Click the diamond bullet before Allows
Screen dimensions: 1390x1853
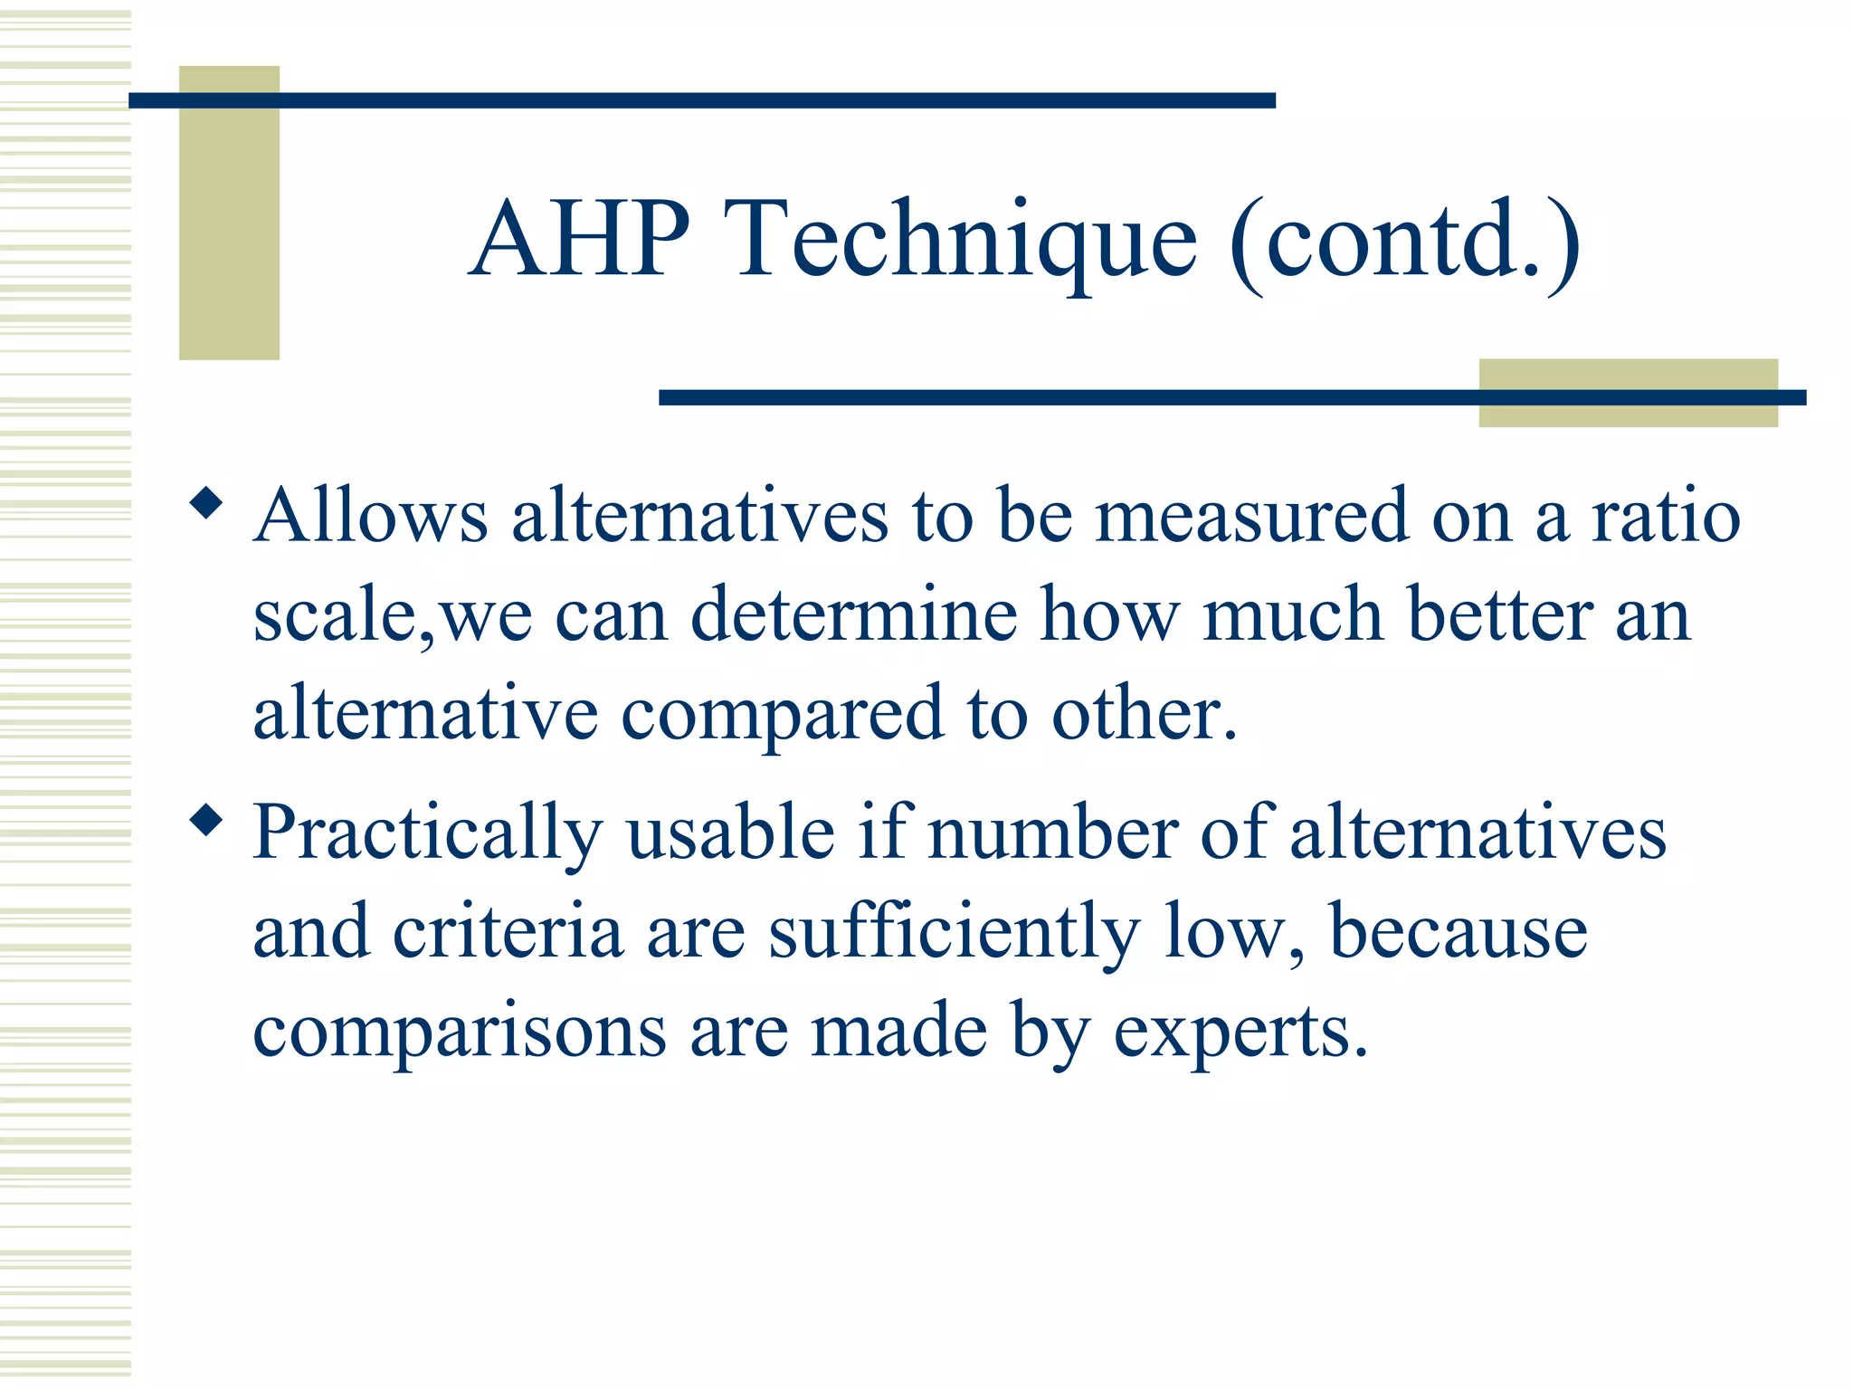(x=206, y=504)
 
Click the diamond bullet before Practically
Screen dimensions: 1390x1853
(x=206, y=821)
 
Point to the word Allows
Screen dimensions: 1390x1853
(x=370, y=515)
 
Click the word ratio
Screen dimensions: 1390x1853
(x=1666, y=515)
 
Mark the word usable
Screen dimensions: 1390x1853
(x=730, y=832)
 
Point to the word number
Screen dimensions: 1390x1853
(x=1052, y=832)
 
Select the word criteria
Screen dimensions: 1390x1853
(x=508, y=931)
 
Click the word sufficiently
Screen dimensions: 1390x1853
(x=955, y=933)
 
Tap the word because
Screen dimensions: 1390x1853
(x=1458, y=931)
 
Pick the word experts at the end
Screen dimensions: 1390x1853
(x=1239, y=1033)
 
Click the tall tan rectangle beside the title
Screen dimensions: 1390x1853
(x=229, y=213)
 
